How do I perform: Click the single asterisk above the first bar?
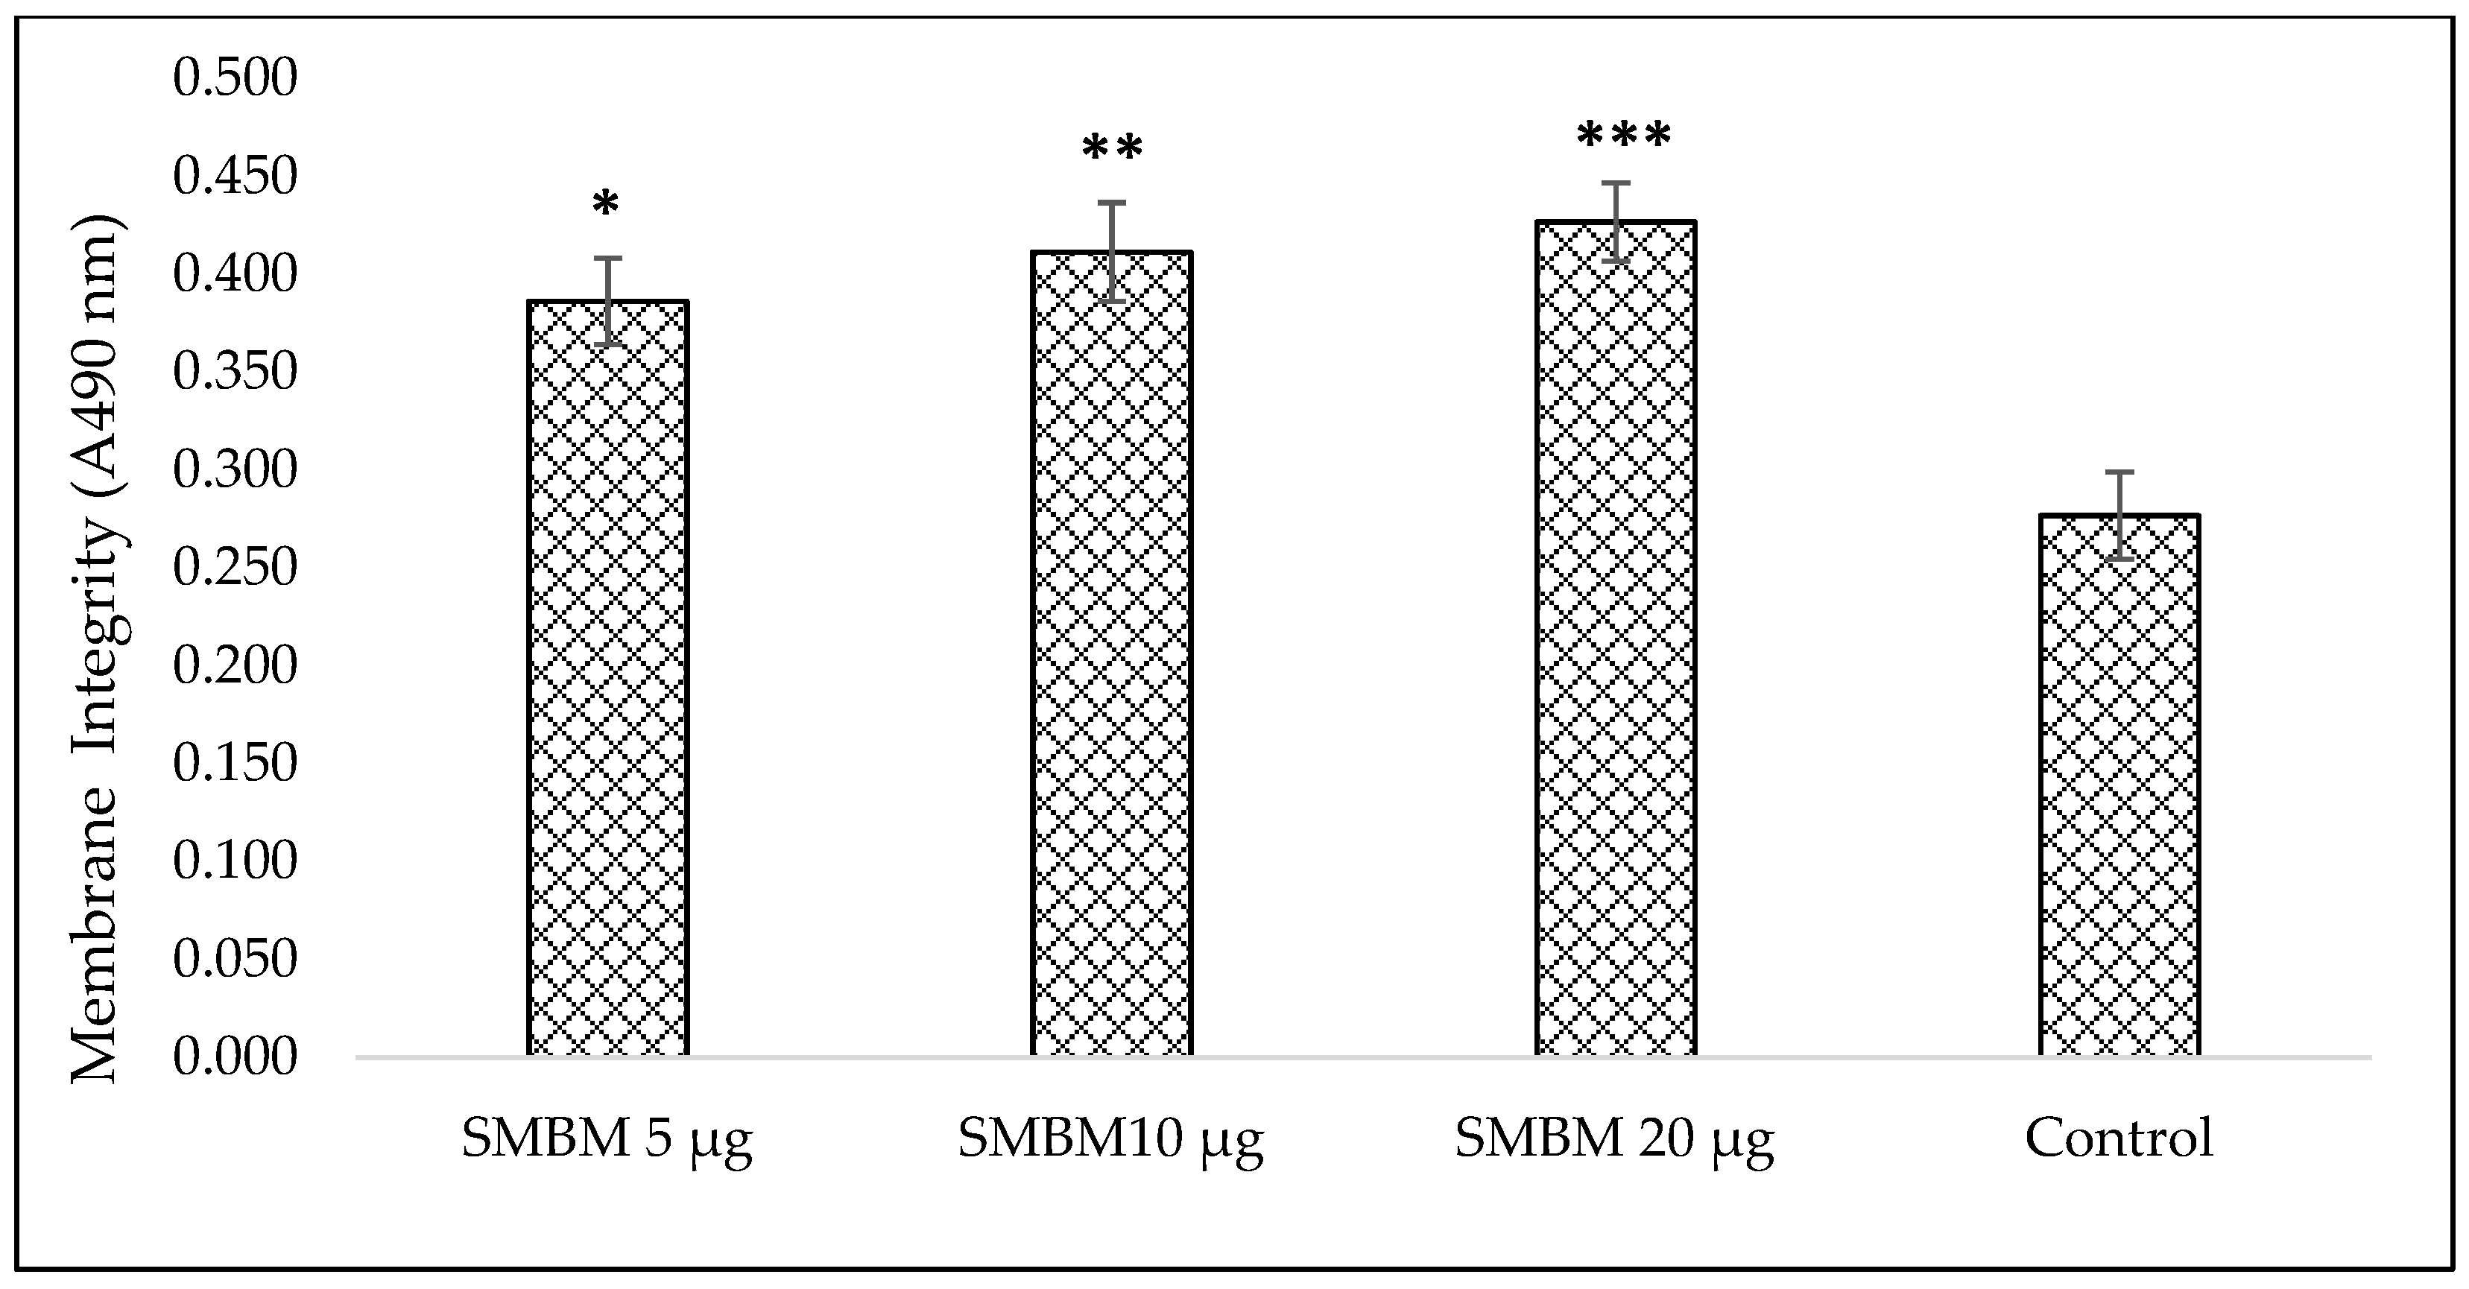coord(606,205)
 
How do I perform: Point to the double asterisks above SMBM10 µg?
coord(1113,150)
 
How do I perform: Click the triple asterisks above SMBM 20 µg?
coord(1624,136)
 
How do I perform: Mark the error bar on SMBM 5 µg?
coord(607,301)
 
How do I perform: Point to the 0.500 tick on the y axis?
coord(235,77)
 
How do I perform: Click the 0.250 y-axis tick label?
coord(235,567)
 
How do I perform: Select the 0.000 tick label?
coord(235,1057)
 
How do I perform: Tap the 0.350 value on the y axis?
coord(235,372)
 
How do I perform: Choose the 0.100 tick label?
coord(235,861)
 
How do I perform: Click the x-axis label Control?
coord(2119,1138)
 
